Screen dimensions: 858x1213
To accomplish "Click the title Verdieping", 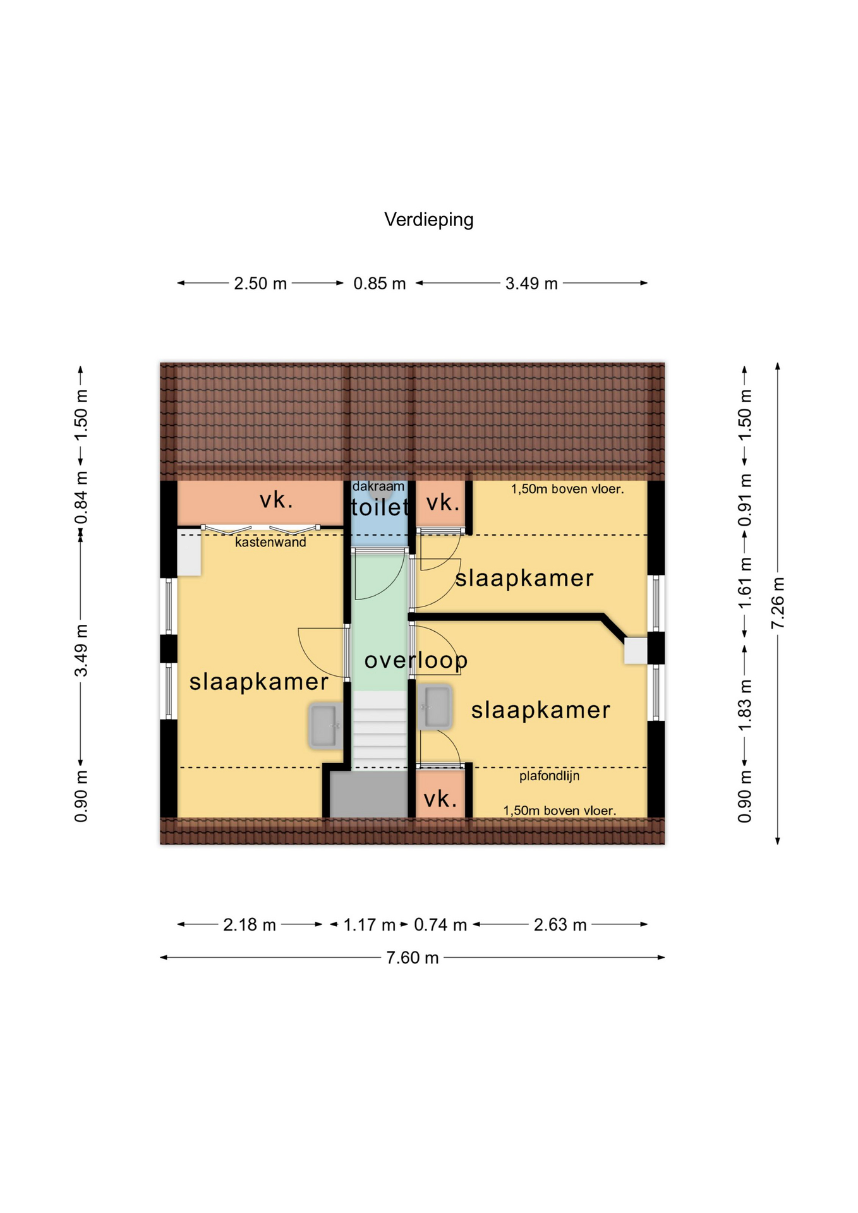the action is pyautogui.click(x=428, y=220).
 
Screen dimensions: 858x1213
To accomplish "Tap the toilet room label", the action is pyautogui.click(x=380, y=507).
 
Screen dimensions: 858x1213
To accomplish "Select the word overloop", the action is pyautogui.click(x=416, y=660).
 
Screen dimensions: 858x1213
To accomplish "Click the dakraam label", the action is pyautogui.click(x=378, y=486).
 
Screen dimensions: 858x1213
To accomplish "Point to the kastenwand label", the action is pyautogui.click(x=270, y=542).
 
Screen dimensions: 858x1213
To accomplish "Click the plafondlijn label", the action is pyautogui.click(x=549, y=776).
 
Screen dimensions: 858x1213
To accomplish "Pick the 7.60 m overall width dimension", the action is pyautogui.click(x=413, y=958).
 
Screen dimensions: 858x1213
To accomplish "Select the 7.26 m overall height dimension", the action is pyautogui.click(x=778, y=603).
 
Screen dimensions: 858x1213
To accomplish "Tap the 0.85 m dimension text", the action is pyautogui.click(x=380, y=284).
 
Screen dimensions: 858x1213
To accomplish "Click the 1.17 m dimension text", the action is pyautogui.click(x=369, y=925).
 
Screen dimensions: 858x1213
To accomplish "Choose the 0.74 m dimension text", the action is pyautogui.click(x=440, y=925).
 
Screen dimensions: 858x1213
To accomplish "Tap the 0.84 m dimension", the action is pyautogui.click(x=81, y=498).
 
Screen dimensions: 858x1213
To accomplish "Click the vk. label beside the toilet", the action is pyautogui.click(x=442, y=503).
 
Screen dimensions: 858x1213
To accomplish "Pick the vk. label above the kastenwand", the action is pyautogui.click(x=277, y=500).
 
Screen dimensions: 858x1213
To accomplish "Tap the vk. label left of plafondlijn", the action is pyautogui.click(x=440, y=799).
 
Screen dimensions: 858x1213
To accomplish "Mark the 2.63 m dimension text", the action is pyautogui.click(x=560, y=925).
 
